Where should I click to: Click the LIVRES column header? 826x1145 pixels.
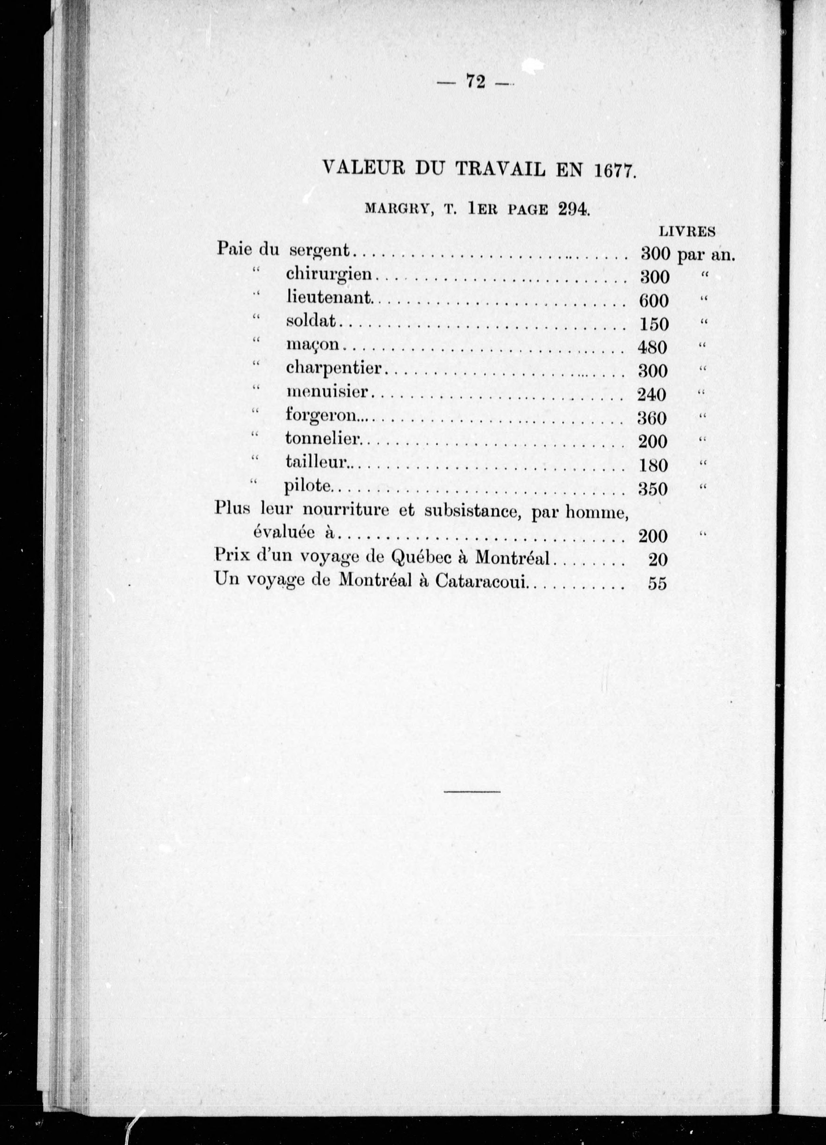(687, 231)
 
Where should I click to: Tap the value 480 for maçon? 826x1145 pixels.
(653, 348)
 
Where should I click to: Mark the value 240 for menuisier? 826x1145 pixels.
(652, 394)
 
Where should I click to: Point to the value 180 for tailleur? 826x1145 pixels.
(653, 465)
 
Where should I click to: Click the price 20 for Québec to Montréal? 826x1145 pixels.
(657, 560)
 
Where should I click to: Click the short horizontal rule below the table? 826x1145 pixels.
(472, 791)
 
